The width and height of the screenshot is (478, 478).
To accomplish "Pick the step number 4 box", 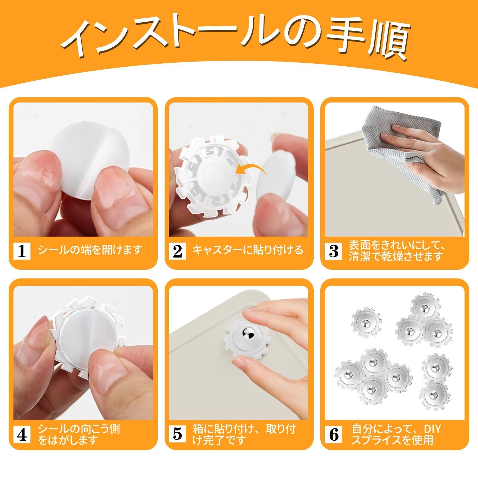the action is pyautogui.click(x=22, y=435).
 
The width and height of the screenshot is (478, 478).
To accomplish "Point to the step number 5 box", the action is pyautogui.click(x=177, y=435).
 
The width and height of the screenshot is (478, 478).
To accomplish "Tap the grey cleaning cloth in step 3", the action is pyautogui.click(x=397, y=152).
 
